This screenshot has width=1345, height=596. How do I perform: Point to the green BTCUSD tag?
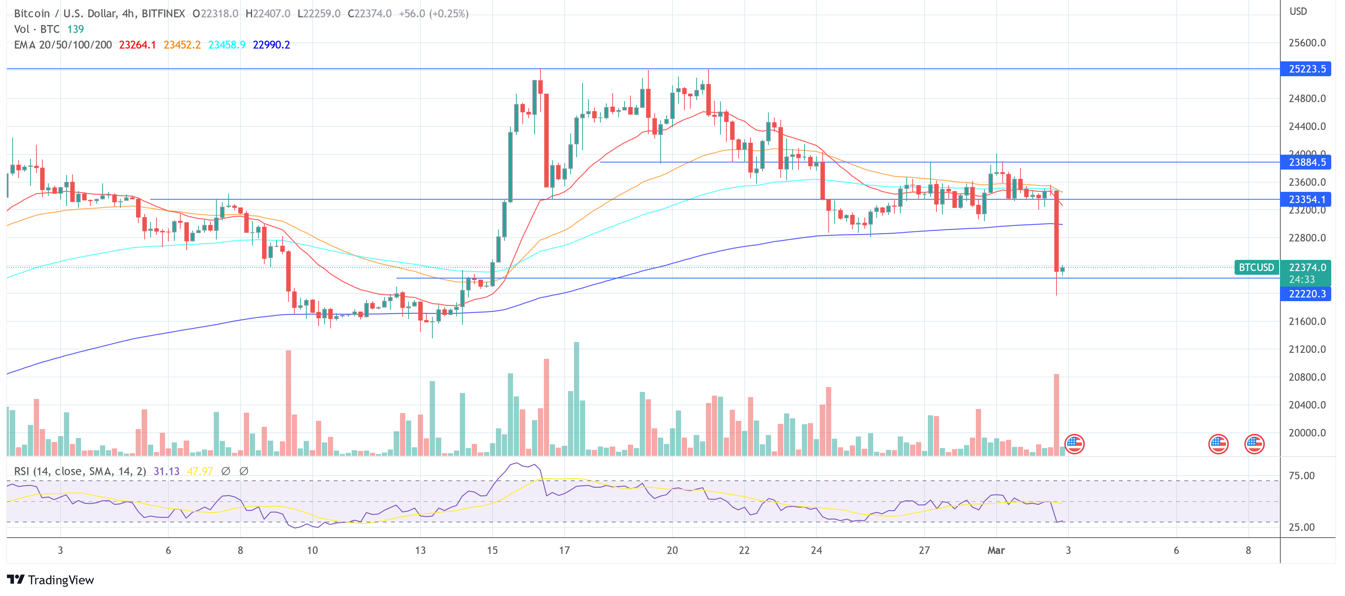click(1256, 267)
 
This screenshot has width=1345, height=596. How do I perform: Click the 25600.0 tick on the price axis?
click(1306, 43)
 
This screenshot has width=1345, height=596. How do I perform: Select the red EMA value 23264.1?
click(137, 45)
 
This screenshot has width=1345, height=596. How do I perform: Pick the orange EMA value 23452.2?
click(182, 45)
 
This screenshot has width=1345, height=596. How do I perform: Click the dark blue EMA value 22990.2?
click(271, 45)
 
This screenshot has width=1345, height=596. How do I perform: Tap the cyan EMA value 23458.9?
click(227, 45)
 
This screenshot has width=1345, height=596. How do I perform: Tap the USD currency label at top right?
click(1298, 12)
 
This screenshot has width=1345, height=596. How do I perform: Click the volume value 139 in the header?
click(76, 29)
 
